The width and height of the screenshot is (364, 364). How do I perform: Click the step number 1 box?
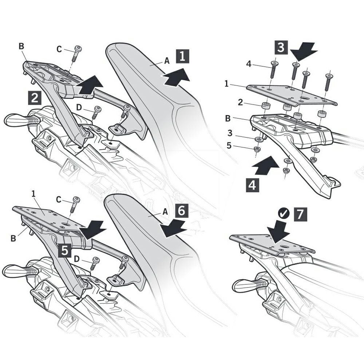pyautogui.click(x=182, y=56)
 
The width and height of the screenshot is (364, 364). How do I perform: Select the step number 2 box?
pyautogui.click(x=35, y=98)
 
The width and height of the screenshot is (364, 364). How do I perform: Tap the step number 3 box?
pyautogui.click(x=281, y=47)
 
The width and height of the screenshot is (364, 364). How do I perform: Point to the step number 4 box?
pyautogui.click(x=252, y=185)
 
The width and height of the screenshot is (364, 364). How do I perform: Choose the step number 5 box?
pyautogui.click(x=65, y=251)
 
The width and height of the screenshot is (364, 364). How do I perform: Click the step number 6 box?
pyautogui.click(x=181, y=211)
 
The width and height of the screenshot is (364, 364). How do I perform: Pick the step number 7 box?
pyautogui.click(x=300, y=214)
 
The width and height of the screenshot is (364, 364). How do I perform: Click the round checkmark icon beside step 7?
pyautogui.click(x=284, y=214)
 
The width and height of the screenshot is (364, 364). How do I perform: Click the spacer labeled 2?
pyautogui.click(x=266, y=106)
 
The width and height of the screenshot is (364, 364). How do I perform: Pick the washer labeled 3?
pyautogui.click(x=258, y=139)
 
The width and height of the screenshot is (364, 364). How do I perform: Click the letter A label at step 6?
pyautogui.click(x=165, y=212)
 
